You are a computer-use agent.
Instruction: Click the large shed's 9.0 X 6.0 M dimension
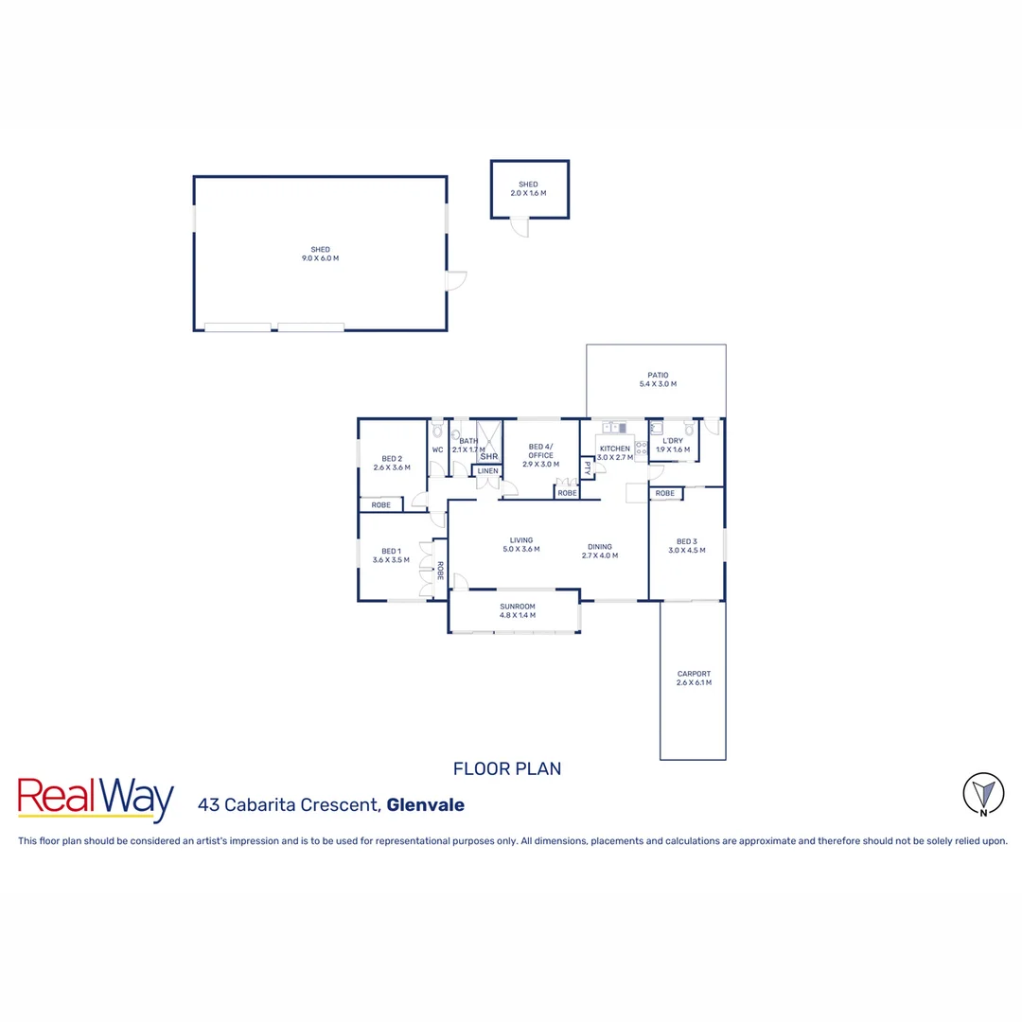tap(320, 258)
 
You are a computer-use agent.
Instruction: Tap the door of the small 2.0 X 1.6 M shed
tap(519, 226)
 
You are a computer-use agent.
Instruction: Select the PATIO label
tap(656, 374)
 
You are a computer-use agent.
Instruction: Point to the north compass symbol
tap(983, 793)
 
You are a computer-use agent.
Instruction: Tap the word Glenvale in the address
tap(426, 805)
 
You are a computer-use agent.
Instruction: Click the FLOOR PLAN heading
tap(507, 768)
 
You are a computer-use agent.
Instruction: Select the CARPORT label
tap(694, 674)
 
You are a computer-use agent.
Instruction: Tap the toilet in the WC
tap(437, 432)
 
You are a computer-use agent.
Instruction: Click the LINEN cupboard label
tap(487, 470)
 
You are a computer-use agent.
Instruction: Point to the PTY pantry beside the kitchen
tap(587, 467)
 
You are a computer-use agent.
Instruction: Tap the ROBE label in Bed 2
tap(380, 505)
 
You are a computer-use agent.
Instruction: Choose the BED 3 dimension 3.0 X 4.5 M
tap(687, 550)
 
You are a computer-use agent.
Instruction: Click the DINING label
tap(599, 546)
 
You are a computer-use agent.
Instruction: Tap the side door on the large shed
tap(456, 281)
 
